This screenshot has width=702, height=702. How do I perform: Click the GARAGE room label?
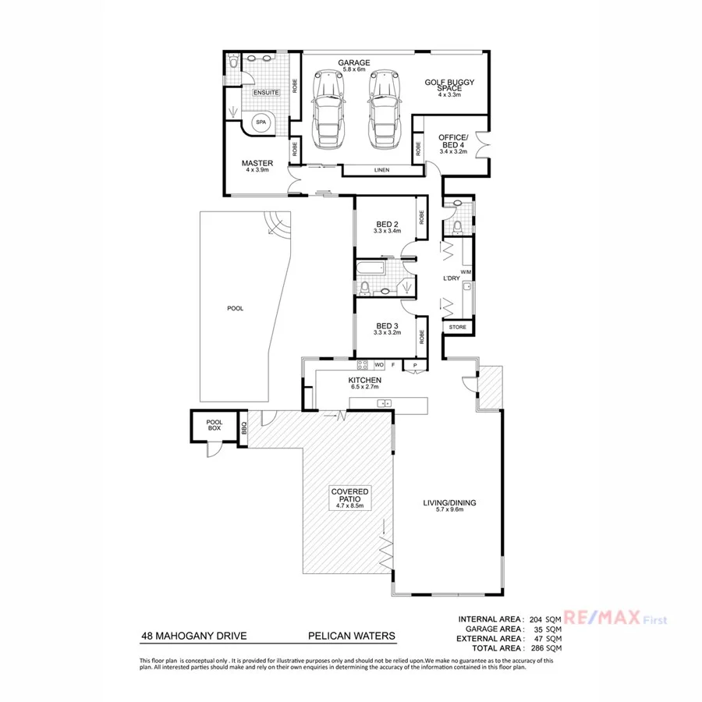pyautogui.click(x=353, y=62)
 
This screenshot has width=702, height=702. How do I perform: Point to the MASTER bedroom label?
pyautogui.click(x=257, y=163)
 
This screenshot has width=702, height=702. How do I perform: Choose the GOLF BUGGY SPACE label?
pyautogui.click(x=449, y=85)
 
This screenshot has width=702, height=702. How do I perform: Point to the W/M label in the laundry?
pyautogui.click(x=466, y=272)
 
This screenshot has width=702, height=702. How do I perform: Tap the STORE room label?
pyautogui.click(x=457, y=327)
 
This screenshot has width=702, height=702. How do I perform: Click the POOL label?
pyautogui.click(x=235, y=308)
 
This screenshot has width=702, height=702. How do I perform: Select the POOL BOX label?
pyautogui.click(x=214, y=425)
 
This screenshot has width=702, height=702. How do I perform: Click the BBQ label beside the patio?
pyautogui.click(x=244, y=428)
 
